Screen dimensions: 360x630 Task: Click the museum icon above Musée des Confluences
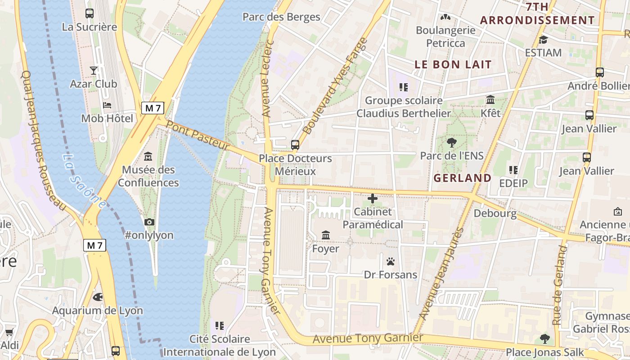click(x=148, y=157)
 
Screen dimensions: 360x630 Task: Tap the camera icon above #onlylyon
click(x=149, y=222)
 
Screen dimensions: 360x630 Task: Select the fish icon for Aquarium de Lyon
click(x=97, y=297)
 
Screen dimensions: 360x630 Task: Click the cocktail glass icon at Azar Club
click(x=93, y=70)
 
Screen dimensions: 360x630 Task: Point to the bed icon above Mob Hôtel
click(x=107, y=105)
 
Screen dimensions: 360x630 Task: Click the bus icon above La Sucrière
click(x=89, y=13)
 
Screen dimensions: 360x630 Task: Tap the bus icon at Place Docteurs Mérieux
click(x=295, y=145)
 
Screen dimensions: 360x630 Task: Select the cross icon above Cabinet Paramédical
click(x=373, y=198)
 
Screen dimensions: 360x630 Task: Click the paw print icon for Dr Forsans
click(x=390, y=261)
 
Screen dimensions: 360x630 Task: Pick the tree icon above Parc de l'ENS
click(x=451, y=143)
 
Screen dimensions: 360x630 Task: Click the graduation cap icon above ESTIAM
click(x=543, y=40)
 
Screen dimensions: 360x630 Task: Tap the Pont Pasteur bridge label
click(x=198, y=135)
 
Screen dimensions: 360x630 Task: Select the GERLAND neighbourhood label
click(x=462, y=178)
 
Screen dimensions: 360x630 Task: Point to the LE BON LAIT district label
click(x=453, y=64)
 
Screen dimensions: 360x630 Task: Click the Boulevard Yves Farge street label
click(x=335, y=85)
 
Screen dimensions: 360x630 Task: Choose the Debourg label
click(x=495, y=213)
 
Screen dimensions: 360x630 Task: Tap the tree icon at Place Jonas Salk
click(x=544, y=338)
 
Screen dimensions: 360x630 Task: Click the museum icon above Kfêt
click(x=490, y=99)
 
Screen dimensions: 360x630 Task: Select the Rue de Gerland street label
click(x=559, y=285)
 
